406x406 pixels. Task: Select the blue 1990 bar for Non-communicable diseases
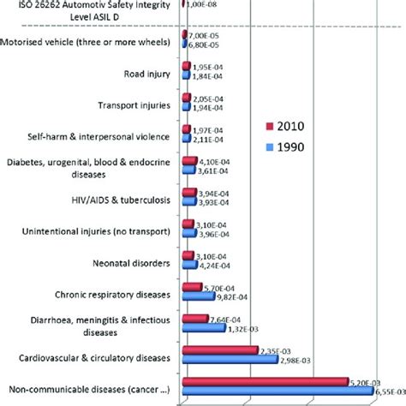click(x=278, y=391)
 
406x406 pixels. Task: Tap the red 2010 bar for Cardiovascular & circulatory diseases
click(x=220, y=350)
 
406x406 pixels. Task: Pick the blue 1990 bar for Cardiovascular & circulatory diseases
click(x=230, y=360)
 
